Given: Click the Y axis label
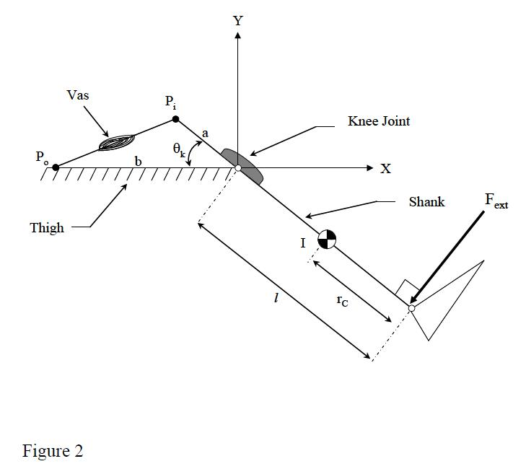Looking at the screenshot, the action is pyautogui.click(x=238, y=21).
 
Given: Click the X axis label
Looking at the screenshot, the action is pyautogui.click(x=386, y=168).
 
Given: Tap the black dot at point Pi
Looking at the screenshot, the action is pyautogui.click(x=175, y=119).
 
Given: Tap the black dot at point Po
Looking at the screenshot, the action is pyautogui.click(x=56, y=167).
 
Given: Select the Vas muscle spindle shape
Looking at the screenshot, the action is pyautogui.click(x=117, y=142).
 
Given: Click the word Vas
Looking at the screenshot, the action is pyautogui.click(x=78, y=95).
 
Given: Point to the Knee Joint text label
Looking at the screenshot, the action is pyautogui.click(x=379, y=120).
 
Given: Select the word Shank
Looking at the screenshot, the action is pyautogui.click(x=426, y=201).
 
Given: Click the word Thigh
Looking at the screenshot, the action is pyautogui.click(x=47, y=228).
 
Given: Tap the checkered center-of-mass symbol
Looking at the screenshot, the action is pyautogui.click(x=327, y=240).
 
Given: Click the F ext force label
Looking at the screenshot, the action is pyautogui.click(x=496, y=201).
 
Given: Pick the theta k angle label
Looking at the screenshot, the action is pyautogui.click(x=179, y=149).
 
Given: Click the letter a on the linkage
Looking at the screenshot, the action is pyautogui.click(x=206, y=134).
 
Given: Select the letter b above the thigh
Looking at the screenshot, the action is pyautogui.click(x=139, y=162).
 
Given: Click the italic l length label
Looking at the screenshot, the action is pyautogui.click(x=276, y=297).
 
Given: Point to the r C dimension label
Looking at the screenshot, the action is pyautogui.click(x=342, y=300).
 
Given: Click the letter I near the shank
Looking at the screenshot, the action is pyautogui.click(x=303, y=243).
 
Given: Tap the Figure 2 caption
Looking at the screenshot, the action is pyautogui.click(x=53, y=450).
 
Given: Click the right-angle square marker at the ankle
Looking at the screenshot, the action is pyautogui.click(x=407, y=288).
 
